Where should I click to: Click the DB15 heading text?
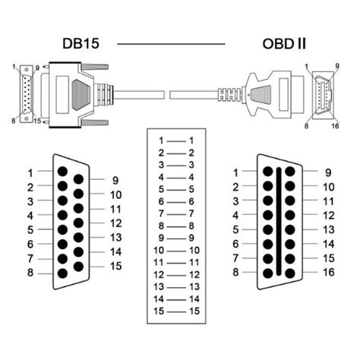click(81, 43)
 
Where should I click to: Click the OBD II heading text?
click(284, 44)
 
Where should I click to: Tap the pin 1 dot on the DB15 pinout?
click(62, 172)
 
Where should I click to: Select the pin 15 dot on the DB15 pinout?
click(78, 267)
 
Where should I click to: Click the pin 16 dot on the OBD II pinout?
click(290, 273)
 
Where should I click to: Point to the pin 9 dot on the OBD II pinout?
click(290, 172)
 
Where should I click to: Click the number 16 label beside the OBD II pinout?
click(329, 273)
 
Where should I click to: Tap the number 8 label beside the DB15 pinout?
click(30, 273)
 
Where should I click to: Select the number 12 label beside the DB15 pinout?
click(115, 223)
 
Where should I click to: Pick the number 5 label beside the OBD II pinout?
click(235, 229)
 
